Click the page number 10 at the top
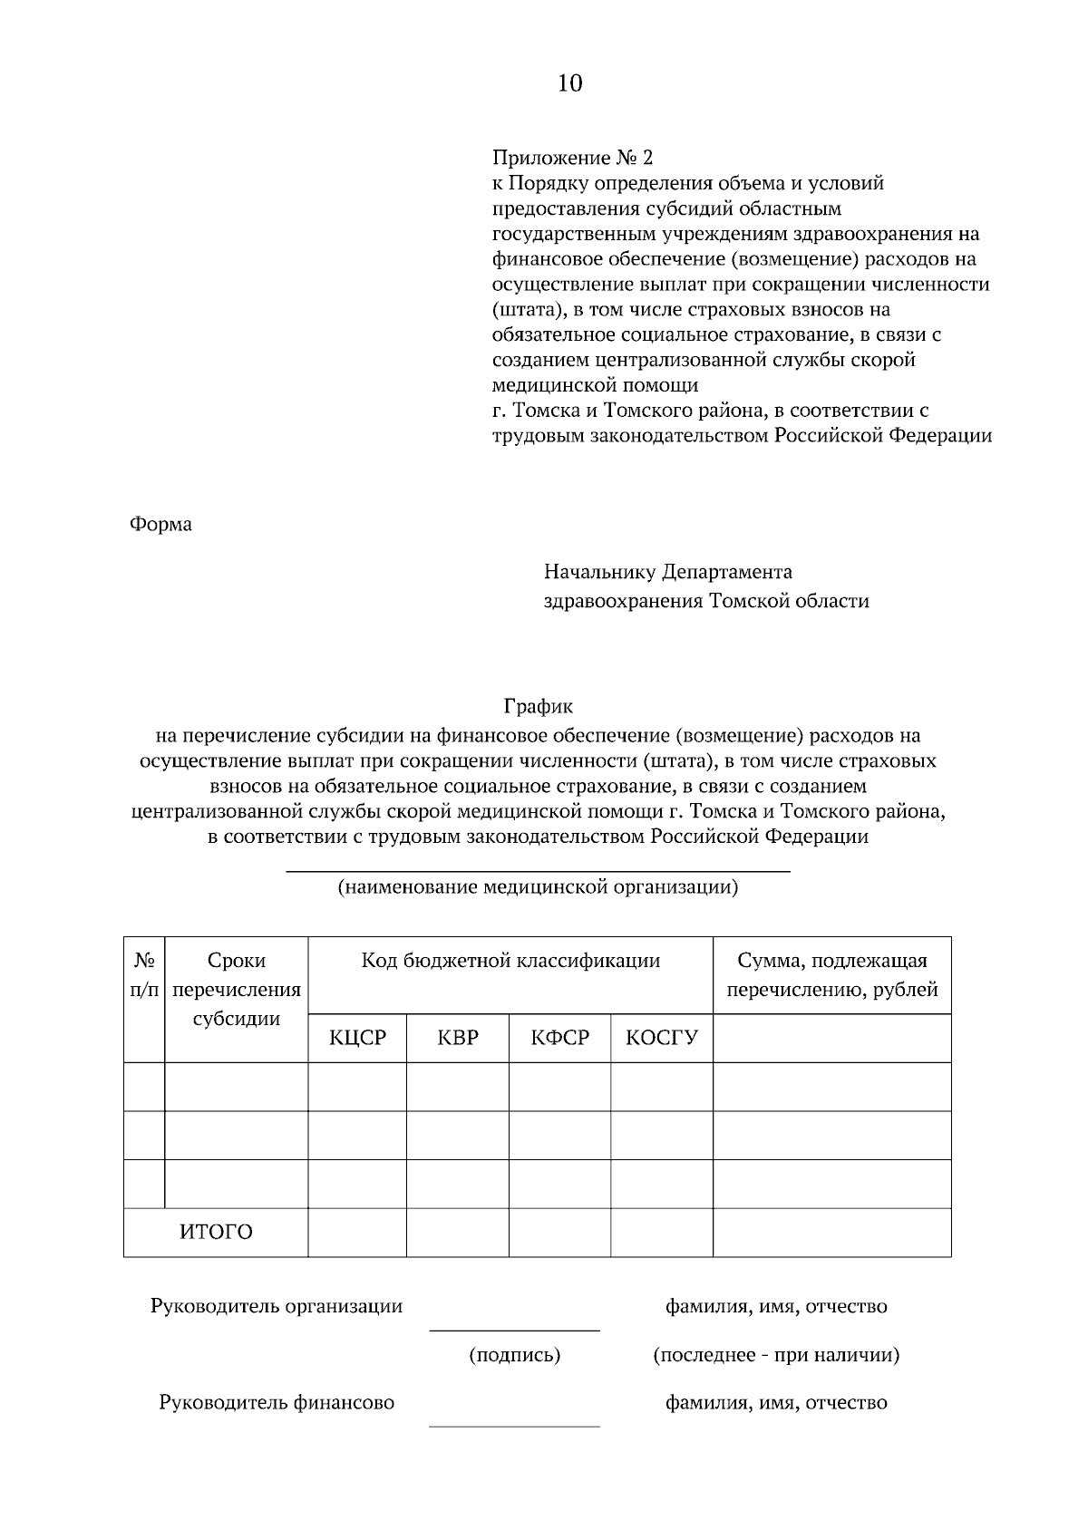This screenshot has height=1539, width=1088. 569,84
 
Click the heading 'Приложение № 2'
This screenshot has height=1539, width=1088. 571,158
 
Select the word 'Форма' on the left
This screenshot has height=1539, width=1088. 161,525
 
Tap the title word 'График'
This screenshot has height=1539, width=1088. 539,705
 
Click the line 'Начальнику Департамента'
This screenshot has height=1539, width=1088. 667,572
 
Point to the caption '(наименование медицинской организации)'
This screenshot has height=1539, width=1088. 538,887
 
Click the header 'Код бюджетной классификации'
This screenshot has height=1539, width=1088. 510,961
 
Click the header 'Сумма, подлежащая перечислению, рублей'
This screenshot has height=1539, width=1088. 832,975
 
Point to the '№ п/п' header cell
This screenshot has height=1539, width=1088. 144,975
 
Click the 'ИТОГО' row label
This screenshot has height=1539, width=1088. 216,1233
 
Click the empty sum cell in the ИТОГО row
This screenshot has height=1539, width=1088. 832,1233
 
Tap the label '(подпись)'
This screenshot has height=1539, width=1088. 514,1356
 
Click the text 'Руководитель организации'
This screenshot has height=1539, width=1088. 277,1307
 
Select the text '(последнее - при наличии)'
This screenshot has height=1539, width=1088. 776,1356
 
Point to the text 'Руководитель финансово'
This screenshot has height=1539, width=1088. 277,1403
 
